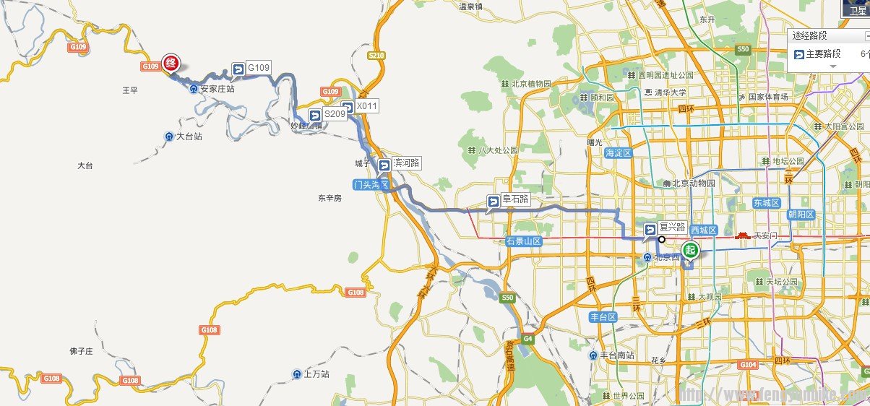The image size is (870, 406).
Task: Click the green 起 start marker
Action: pyautogui.click(x=691, y=251)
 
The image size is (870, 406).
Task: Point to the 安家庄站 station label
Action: pyautogui.click(x=217, y=89)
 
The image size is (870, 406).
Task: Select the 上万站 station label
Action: pyautogui.click(x=316, y=374)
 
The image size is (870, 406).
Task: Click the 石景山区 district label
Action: pyautogui.click(x=524, y=241)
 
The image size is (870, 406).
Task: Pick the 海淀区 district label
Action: pyautogui.click(x=619, y=153)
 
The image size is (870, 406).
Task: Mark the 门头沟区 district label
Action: pyautogui.click(x=371, y=185)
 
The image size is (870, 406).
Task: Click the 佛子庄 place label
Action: pyautogui.click(x=81, y=351)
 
